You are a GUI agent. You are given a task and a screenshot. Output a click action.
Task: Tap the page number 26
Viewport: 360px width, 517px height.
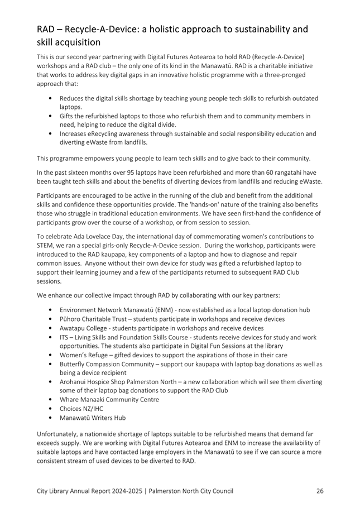[x=320, y=491]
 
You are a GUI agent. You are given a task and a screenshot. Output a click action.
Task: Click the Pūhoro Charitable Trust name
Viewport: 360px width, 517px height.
[x=94, y=319]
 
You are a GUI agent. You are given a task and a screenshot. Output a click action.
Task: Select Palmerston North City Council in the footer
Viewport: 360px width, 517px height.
[x=196, y=491]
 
